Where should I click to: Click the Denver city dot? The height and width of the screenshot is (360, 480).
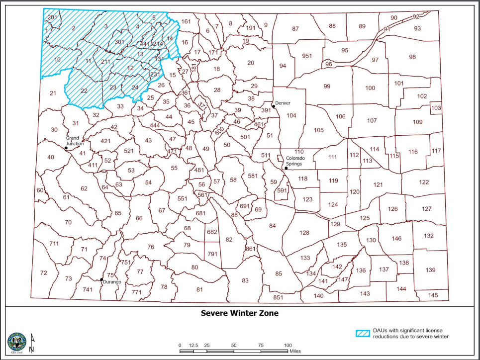pos(274,106)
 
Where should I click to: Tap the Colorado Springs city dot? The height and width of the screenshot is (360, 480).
pos(286,168)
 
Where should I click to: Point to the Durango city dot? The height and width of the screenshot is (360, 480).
pos(102,280)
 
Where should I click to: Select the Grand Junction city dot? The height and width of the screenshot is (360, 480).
pos(66,148)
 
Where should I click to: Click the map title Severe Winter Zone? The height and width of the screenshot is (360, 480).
pos(240,313)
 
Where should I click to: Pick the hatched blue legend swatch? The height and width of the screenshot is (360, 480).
pos(364,333)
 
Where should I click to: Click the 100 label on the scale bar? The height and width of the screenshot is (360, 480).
pos(288,345)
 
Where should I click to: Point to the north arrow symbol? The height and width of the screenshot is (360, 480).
pos(31,343)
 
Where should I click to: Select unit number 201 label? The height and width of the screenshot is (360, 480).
pos(52,17)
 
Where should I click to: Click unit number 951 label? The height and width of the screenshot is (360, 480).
pos(307,56)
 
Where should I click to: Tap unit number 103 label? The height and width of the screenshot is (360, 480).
pos(436,108)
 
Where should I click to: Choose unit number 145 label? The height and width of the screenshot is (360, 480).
pos(433,295)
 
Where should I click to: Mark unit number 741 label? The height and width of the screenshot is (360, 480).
pos(88,289)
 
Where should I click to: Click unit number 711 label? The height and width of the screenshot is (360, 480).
pos(54,243)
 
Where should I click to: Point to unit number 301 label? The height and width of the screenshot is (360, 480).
pos(119,42)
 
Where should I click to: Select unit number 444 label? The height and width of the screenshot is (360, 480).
pos(155,125)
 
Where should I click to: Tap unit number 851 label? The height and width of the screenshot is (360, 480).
pos(278,297)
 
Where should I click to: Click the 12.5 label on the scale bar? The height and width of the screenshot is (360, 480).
pos(193,345)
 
